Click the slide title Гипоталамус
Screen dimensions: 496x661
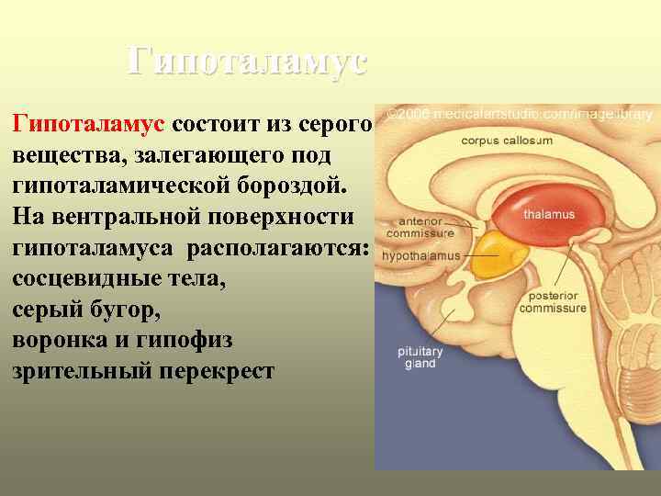[247, 62]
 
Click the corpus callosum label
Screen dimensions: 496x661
[507, 141]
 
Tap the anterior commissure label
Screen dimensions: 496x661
[420, 227]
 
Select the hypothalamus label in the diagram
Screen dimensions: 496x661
[420, 256]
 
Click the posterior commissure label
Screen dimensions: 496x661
[552, 302]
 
